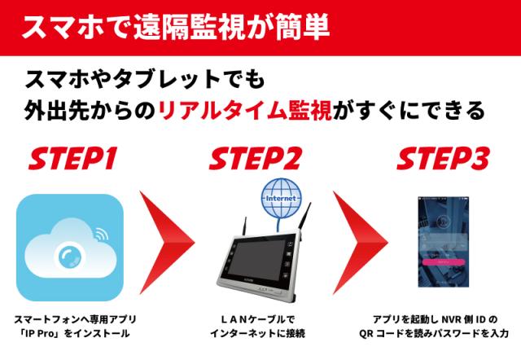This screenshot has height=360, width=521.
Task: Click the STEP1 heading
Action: coord(72,158)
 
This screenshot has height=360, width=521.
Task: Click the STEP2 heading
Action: coord(255,158)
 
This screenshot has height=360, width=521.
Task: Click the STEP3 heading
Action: coord(443,158)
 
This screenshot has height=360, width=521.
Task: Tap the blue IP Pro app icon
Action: coord(70,248)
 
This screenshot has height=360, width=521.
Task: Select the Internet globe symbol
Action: coord(282,198)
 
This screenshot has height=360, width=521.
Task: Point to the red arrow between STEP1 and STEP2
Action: coord(166,243)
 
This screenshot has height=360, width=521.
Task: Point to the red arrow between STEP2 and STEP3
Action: coord(360,243)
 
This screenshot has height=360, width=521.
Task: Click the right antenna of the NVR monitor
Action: coord(304,216)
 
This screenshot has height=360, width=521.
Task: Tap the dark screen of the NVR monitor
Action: coord(257,261)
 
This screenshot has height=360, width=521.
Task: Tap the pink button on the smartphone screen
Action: coord(443,262)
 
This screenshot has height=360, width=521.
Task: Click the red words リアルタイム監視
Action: coord(245,111)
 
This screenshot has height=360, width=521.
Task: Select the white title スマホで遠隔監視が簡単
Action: coord(176,27)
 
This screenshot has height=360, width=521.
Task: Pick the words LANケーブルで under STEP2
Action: coord(257,319)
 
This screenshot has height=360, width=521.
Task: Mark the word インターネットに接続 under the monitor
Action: coord(257,333)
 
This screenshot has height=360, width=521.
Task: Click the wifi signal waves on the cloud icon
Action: coord(101,234)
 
